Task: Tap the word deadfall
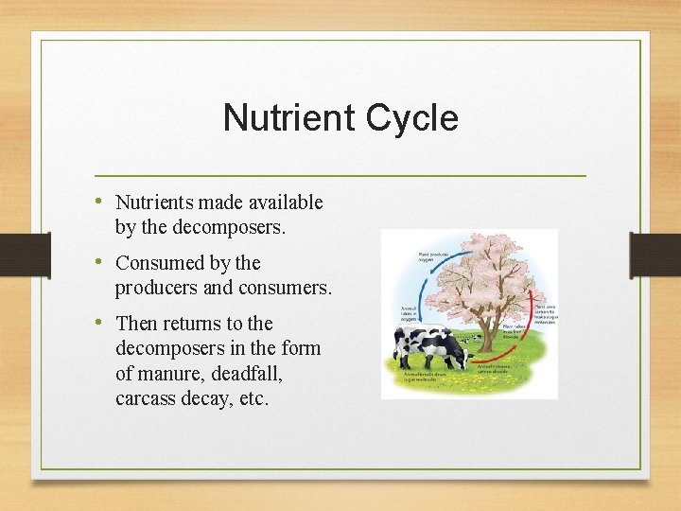243,374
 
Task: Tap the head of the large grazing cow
461,357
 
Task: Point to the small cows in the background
479,337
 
